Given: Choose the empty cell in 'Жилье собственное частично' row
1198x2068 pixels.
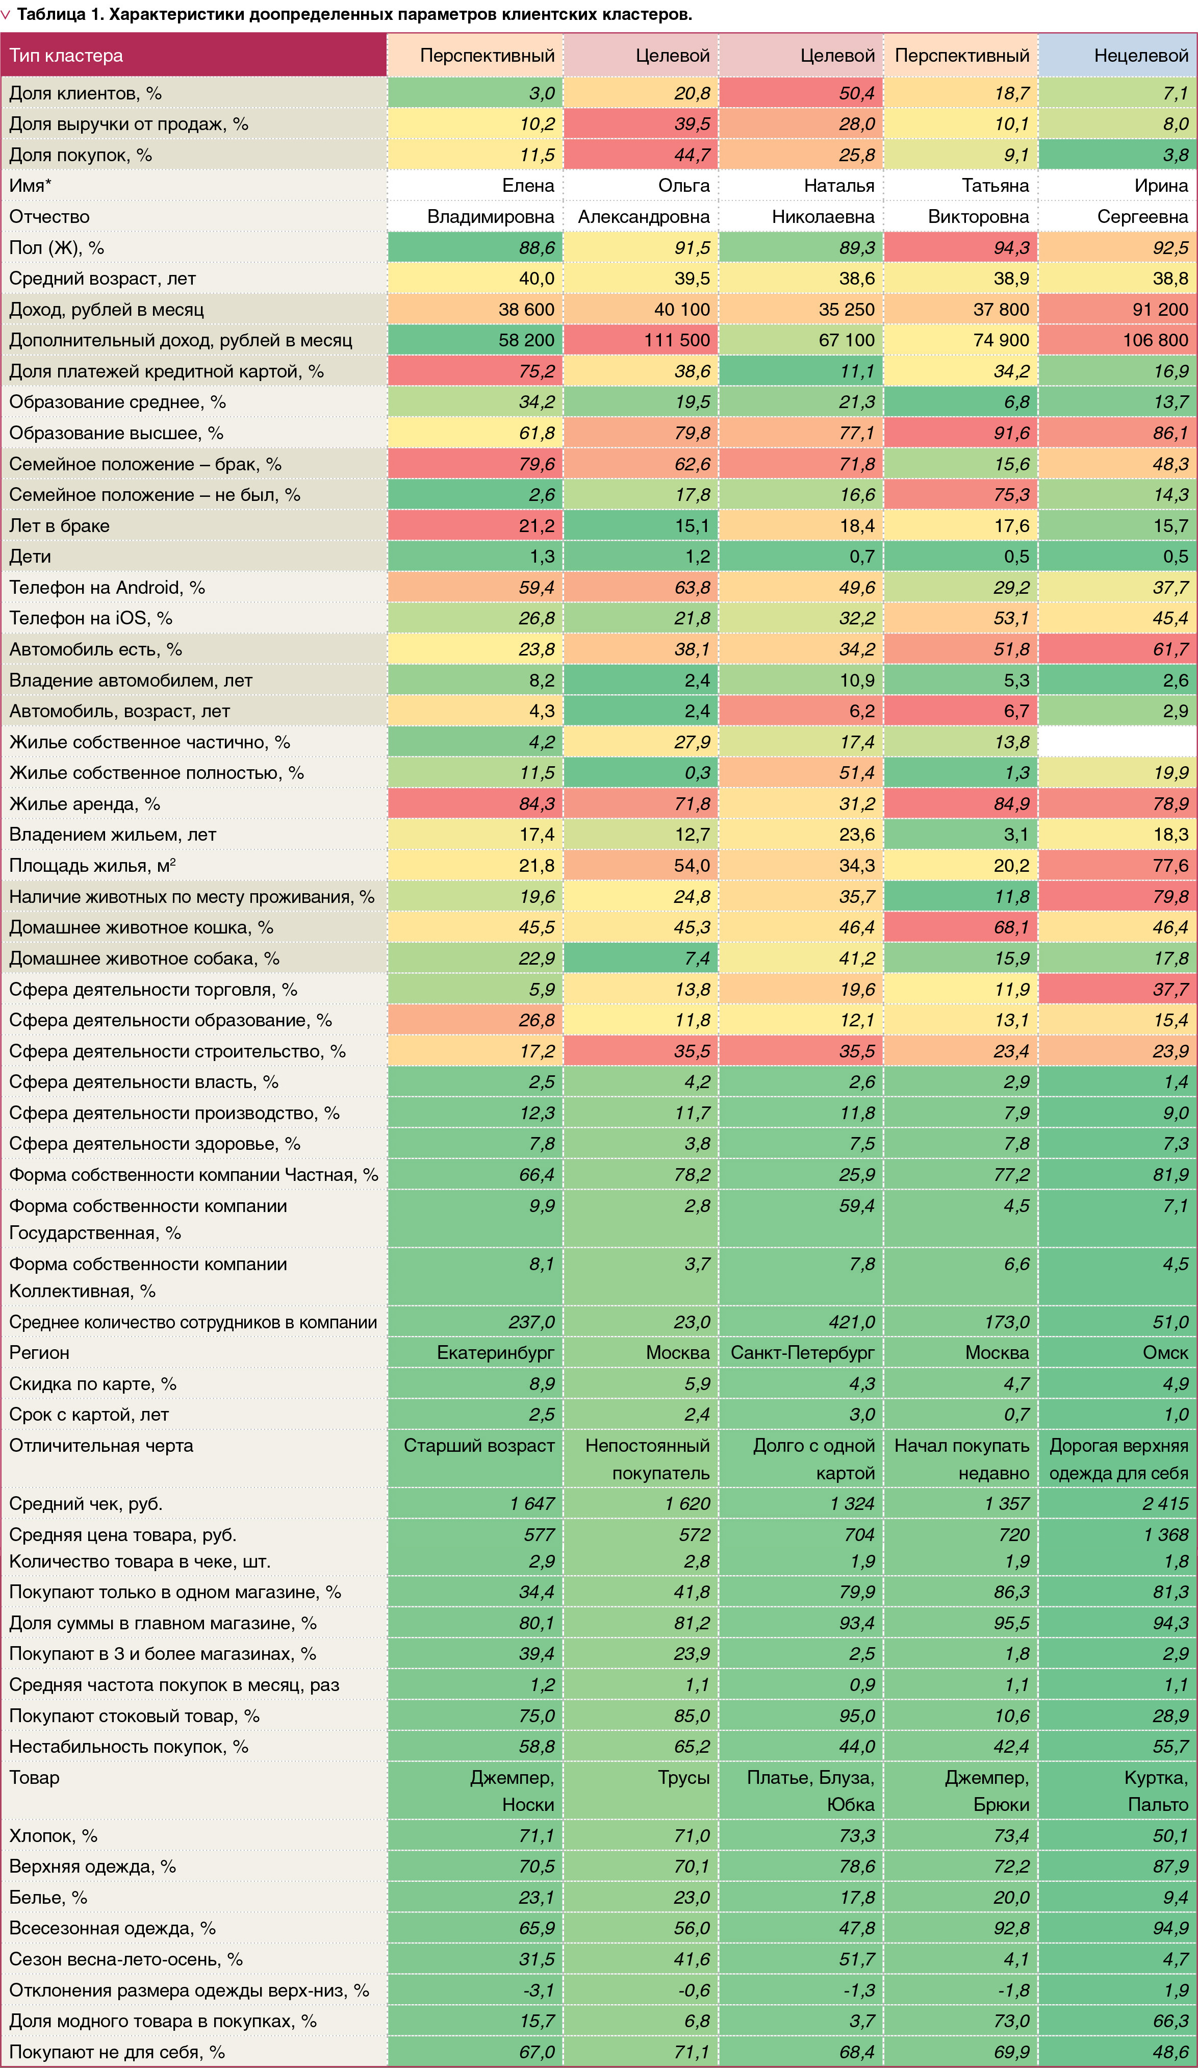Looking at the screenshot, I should (1117, 742).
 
